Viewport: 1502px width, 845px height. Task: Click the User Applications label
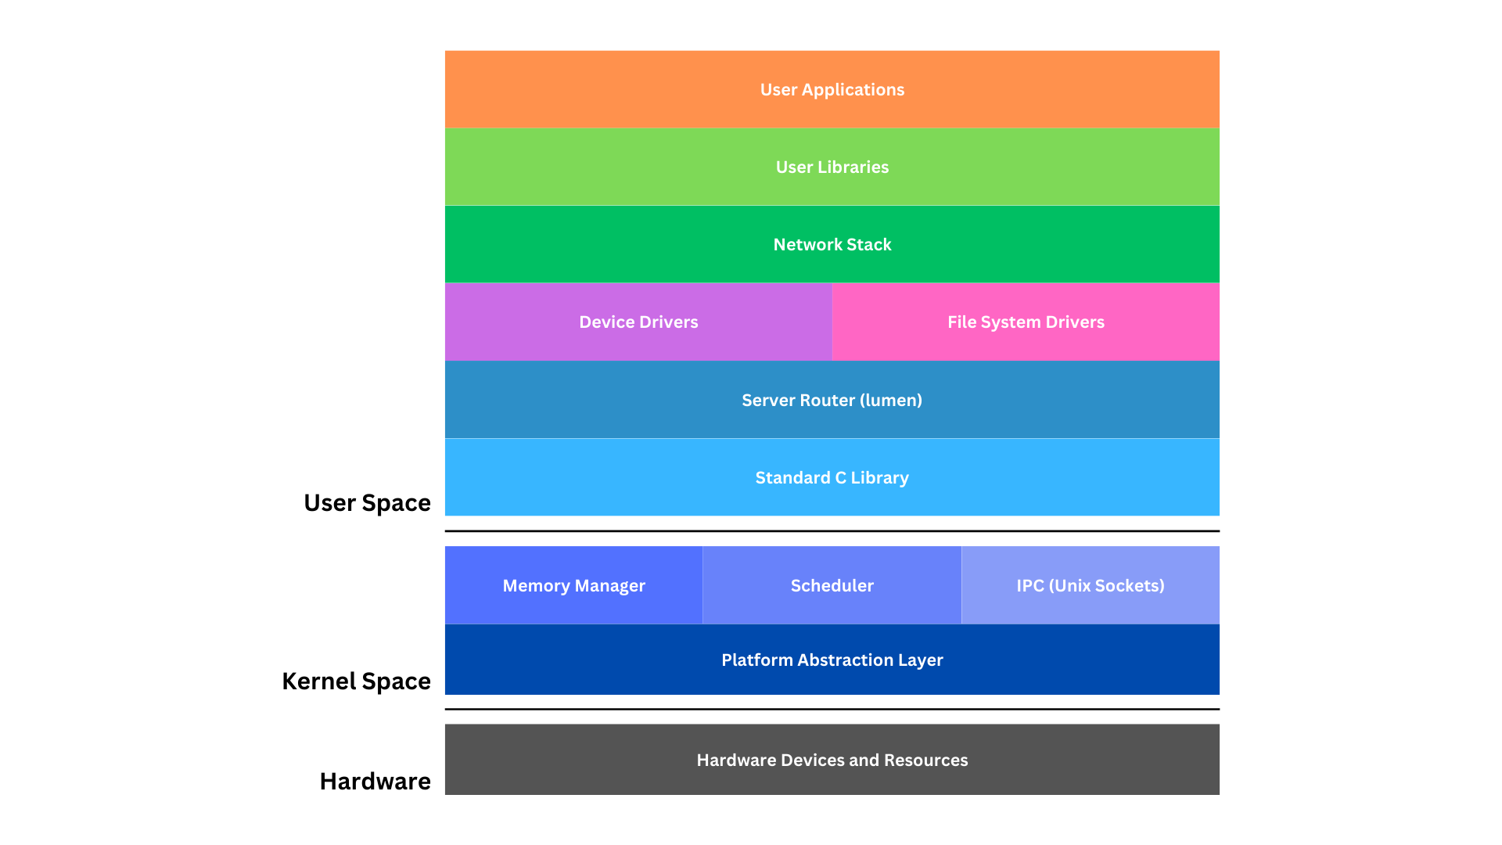[x=832, y=90]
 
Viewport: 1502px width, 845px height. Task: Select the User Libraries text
[x=832, y=167]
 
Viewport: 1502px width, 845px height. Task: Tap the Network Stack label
[x=832, y=245]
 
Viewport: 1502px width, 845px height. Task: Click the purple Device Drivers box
[x=638, y=322]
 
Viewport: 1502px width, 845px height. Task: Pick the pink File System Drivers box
[x=1026, y=322]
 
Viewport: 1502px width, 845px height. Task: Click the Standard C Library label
[x=832, y=478]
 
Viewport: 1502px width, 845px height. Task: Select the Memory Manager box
[x=573, y=586]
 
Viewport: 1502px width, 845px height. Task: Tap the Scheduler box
[x=832, y=586]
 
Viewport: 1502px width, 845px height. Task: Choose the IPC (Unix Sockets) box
[x=1090, y=586]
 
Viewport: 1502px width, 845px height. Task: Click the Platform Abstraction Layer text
[x=832, y=660]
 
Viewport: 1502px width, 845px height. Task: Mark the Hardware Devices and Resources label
[x=832, y=760]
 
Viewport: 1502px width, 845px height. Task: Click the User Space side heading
[x=367, y=503]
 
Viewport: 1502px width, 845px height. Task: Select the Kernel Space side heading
[x=356, y=681]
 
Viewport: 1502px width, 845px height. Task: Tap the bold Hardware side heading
[x=375, y=782]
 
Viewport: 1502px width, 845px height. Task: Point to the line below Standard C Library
[x=832, y=531]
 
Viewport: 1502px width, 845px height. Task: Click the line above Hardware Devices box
[x=832, y=710]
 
